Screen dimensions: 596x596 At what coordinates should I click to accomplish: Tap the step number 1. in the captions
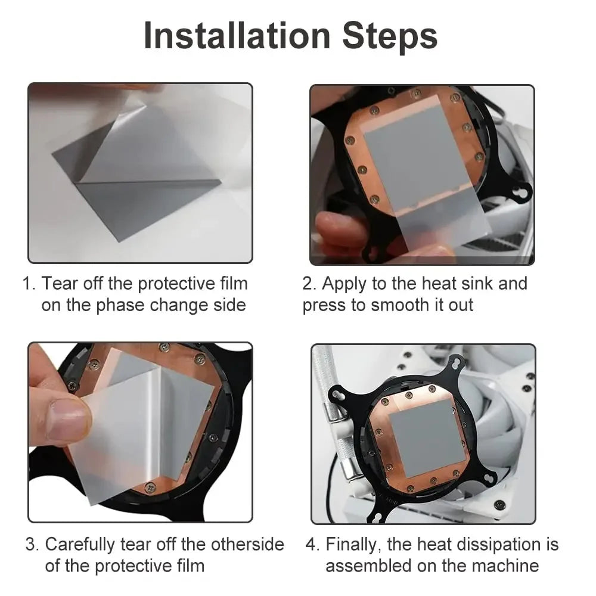tap(29, 284)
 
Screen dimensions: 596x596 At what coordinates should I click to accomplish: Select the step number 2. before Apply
tap(309, 284)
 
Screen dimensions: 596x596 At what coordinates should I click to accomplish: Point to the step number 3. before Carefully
tap(33, 544)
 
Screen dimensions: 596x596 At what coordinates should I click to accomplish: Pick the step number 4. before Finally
tap(313, 544)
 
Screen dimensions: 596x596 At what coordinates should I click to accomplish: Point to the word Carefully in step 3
tap(80, 544)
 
